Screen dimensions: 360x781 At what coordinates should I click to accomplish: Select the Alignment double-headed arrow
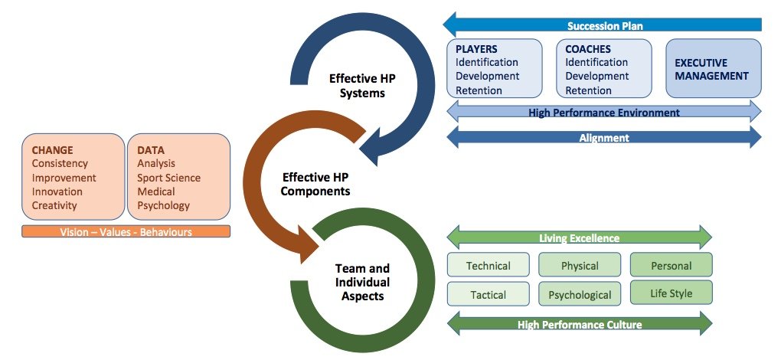click(x=603, y=138)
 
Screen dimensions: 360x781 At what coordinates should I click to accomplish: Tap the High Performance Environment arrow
click(x=603, y=113)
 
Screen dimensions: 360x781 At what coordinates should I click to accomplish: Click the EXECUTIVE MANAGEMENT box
click(x=712, y=69)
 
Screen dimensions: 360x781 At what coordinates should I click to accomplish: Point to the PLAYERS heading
click(x=476, y=49)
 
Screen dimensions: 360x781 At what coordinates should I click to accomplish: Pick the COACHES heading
click(x=588, y=49)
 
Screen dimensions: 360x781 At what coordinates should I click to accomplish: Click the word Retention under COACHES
click(x=587, y=90)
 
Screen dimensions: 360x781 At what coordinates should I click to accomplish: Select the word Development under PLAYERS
click(x=487, y=76)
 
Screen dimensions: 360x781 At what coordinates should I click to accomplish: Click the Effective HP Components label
click(x=315, y=184)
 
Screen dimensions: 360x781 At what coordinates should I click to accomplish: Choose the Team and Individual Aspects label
click(x=362, y=281)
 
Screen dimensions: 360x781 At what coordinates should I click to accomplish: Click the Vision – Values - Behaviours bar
click(x=126, y=231)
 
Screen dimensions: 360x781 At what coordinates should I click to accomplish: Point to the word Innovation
click(x=57, y=191)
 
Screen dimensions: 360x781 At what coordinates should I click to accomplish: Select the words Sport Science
click(x=169, y=178)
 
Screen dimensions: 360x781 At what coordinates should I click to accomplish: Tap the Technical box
click(x=489, y=266)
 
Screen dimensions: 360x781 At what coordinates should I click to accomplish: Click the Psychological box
click(x=580, y=294)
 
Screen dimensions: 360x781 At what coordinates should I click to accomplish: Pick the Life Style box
click(x=671, y=293)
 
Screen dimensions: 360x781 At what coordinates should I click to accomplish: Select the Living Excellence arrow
click(x=579, y=238)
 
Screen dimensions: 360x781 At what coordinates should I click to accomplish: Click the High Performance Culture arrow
click(x=579, y=324)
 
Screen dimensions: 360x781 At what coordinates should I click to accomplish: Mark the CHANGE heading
click(x=53, y=150)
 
